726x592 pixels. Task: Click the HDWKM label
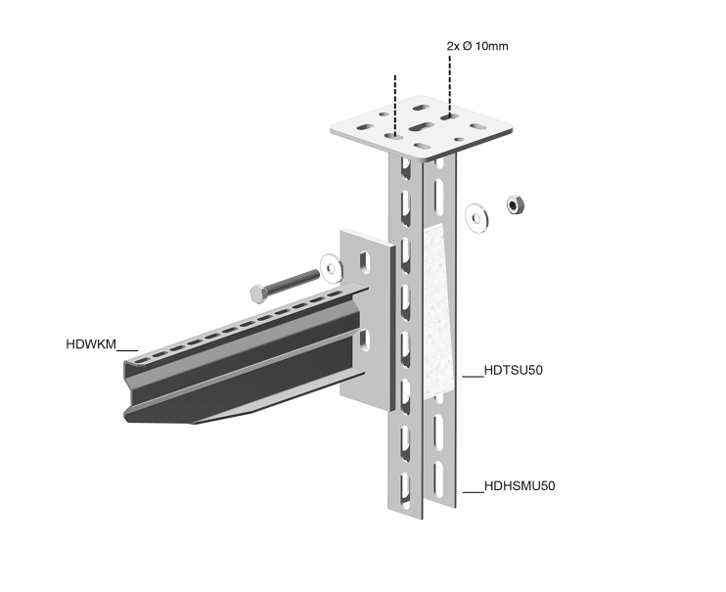91,344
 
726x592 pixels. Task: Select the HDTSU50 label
513,370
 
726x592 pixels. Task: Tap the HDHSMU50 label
520,486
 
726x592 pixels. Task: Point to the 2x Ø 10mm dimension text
477,46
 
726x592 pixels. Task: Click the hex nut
515,205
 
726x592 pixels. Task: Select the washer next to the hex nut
477,217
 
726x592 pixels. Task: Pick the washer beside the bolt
332,268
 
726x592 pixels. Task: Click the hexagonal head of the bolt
258,295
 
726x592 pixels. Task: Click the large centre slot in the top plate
421,127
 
